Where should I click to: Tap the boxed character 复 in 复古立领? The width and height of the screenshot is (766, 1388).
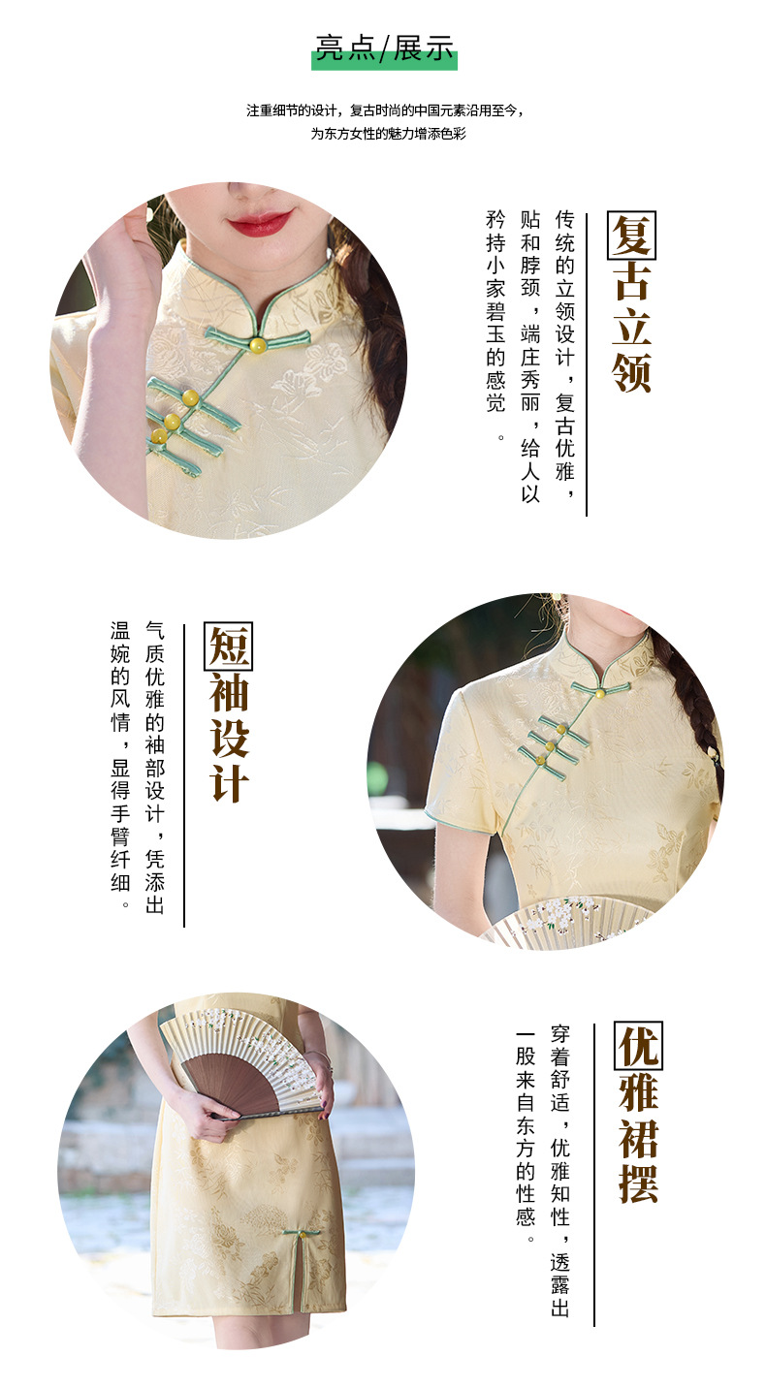click(x=631, y=236)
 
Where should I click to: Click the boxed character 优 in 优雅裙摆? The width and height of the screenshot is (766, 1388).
click(x=639, y=1047)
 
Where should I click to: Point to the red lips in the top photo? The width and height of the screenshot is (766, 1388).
click(x=259, y=223)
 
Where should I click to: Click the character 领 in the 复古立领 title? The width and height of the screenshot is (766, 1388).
click(x=631, y=371)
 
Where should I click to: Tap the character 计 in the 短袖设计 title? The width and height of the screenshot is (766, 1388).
click(x=229, y=782)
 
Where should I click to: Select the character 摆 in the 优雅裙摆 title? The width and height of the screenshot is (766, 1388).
click(x=639, y=1183)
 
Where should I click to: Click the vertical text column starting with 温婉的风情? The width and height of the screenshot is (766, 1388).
click(x=119, y=765)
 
